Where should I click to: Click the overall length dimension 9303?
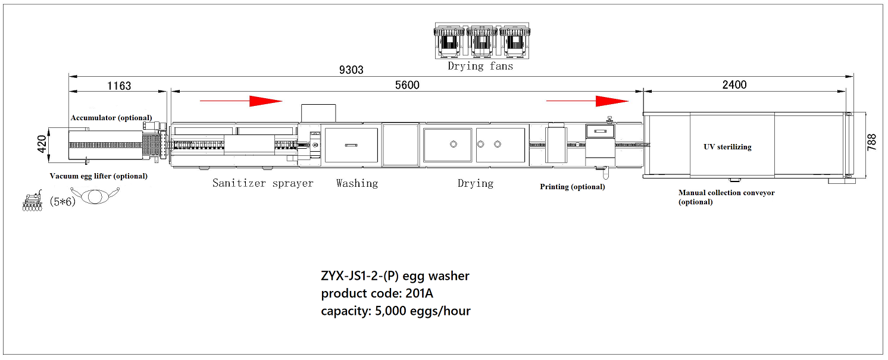[351, 70]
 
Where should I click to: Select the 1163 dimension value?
[119, 86]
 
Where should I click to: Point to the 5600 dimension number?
[407, 85]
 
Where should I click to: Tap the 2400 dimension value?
[734, 85]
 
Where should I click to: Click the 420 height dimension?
[42, 145]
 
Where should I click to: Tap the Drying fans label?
[480, 66]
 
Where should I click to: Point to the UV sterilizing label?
[727, 146]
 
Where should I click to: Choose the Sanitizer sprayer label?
[262, 183]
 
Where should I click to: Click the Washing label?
[357, 183]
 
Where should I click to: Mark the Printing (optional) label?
[572, 187]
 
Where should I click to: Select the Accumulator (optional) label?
[111, 117]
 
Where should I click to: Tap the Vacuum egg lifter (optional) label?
[98, 176]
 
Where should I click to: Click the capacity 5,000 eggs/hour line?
[396, 311]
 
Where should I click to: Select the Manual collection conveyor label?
[726, 197]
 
